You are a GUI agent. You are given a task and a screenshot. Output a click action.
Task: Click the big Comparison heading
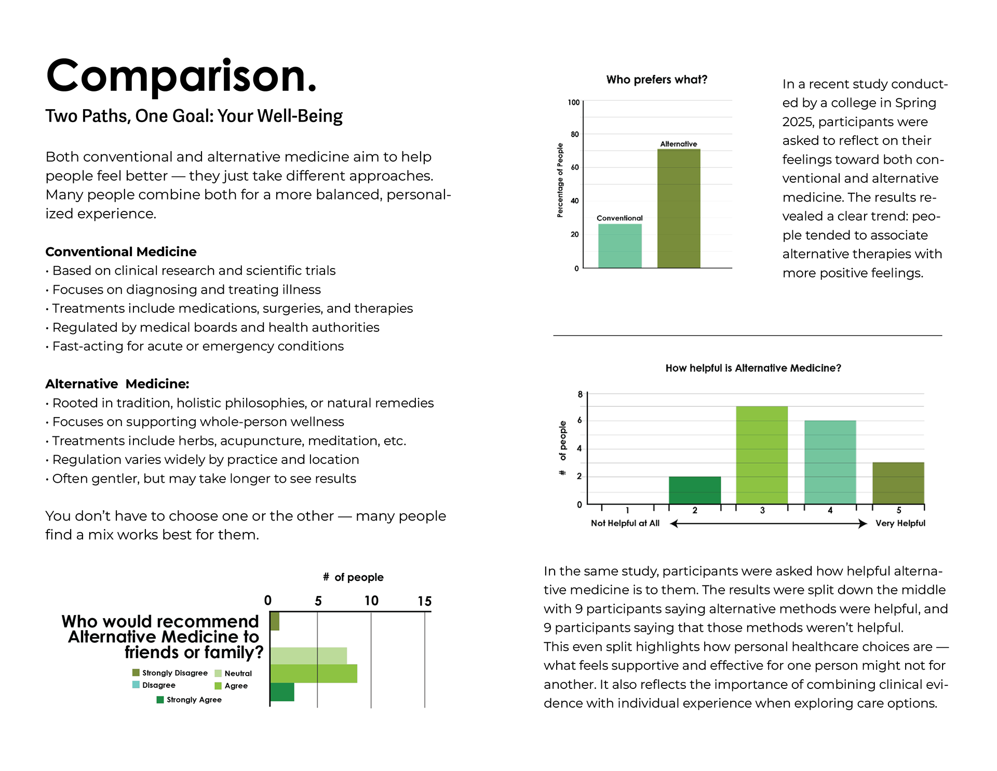(x=181, y=76)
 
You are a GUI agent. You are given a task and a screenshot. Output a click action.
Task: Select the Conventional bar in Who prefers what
(x=619, y=246)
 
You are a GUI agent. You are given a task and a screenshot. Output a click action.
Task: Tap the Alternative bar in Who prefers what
(x=679, y=208)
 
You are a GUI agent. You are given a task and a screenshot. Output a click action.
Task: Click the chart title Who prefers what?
(x=656, y=79)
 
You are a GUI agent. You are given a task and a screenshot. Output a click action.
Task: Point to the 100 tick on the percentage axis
(x=573, y=102)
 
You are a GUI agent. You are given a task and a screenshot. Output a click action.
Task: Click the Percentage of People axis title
(x=560, y=180)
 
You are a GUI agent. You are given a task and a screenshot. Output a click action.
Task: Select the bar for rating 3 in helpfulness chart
(x=762, y=455)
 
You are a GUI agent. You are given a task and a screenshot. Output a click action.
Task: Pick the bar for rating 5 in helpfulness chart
(x=898, y=483)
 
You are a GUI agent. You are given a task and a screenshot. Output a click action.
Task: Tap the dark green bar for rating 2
(x=695, y=490)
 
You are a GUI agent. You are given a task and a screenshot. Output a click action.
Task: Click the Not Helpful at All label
(x=625, y=523)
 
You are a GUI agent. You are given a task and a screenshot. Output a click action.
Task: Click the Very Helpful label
(x=900, y=523)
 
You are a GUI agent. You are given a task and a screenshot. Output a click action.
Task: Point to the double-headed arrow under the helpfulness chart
(x=769, y=524)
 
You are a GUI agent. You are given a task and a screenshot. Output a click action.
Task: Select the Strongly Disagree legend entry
(x=170, y=673)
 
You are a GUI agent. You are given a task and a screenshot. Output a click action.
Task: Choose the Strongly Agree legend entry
(x=189, y=700)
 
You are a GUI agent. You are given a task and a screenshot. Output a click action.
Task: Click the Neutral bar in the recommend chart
(x=308, y=656)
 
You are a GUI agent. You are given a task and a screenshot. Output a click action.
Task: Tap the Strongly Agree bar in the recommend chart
(x=282, y=692)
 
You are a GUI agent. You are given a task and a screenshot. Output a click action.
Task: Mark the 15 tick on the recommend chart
(x=425, y=602)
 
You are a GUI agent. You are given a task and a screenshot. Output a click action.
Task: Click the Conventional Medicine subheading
(x=121, y=252)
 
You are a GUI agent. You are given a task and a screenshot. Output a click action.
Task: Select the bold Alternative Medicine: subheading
(x=117, y=384)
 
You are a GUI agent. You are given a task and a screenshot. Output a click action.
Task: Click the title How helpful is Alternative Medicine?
(x=753, y=368)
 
